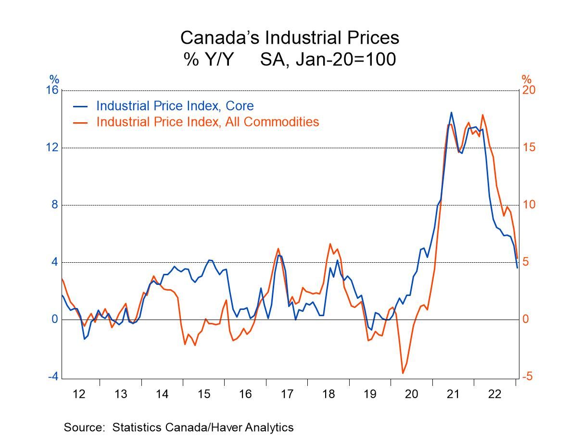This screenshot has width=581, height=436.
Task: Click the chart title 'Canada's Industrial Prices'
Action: (290, 38)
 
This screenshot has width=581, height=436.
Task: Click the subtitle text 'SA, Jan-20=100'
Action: (328, 60)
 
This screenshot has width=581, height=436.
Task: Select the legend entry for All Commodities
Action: (207, 121)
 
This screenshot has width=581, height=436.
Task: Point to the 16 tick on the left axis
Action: (52, 90)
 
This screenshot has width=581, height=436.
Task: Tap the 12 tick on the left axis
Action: (52, 148)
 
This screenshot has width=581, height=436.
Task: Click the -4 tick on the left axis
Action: (53, 376)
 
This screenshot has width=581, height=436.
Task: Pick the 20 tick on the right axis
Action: (529, 90)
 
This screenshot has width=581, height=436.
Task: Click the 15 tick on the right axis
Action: (529, 148)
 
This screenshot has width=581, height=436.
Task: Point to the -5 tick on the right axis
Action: (527, 376)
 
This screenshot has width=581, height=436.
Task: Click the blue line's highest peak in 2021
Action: (451, 113)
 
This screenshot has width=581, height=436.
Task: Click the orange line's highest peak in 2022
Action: (482, 115)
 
